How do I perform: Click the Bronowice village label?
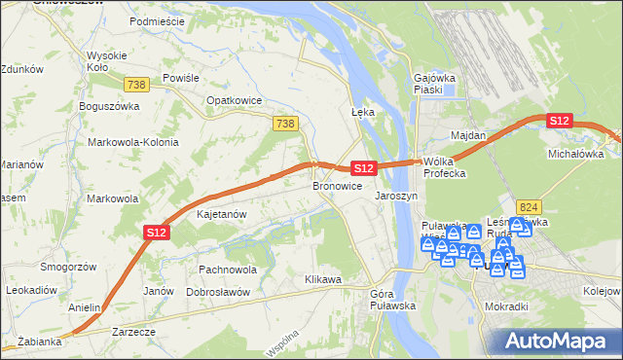[x=337, y=185]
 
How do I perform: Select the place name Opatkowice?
[x=231, y=99]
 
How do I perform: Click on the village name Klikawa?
[x=323, y=280]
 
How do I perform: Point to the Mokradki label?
[x=506, y=306]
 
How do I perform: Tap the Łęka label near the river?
[x=362, y=112]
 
